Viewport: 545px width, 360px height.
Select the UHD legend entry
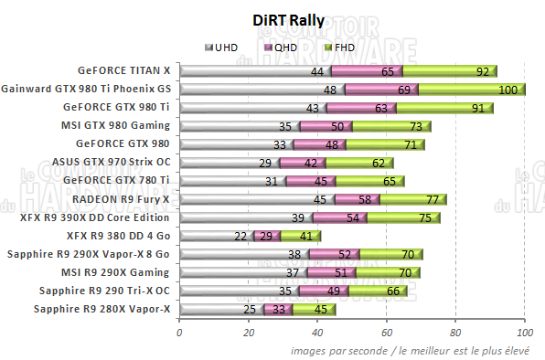pyautogui.click(x=225, y=47)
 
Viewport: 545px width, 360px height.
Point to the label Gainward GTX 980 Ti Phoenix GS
pyautogui.click(x=87, y=89)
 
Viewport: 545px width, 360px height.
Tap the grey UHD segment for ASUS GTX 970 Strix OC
pyautogui.click(x=229, y=162)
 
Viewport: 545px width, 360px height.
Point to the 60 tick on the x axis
pyautogui.click(x=387, y=334)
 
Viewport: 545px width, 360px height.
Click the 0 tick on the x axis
pyautogui.click(x=179, y=334)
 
